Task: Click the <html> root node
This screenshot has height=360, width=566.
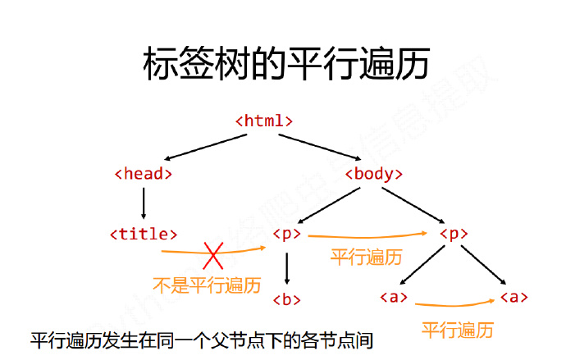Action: (x=264, y=120)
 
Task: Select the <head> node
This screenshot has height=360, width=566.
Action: (x=144, y=173)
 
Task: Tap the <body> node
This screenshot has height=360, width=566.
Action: (x=374, y=173)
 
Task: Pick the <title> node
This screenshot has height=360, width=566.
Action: (x=144, y=234)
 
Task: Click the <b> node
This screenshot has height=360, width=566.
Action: (x=286, y=299)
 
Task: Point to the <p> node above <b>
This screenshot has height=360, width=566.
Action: (x=286, y=234)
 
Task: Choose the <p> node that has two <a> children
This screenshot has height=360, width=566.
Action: (x=453, y=234)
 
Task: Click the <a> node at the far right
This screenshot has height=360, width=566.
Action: (x=514, y=297)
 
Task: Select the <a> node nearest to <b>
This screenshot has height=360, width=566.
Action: (x=394, y=297)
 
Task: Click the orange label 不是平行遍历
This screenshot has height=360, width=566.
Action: (x=207, y=285)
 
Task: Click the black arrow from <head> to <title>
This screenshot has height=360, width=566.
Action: (x=144, y=203)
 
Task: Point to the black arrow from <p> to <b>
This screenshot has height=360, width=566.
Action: (x=286, y=267)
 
